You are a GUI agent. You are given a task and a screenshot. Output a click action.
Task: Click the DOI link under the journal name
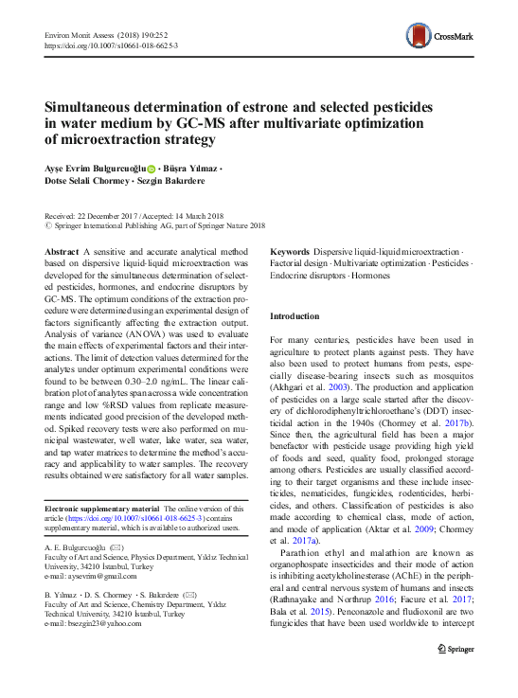coord(111,45)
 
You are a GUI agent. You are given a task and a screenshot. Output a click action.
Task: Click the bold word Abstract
coord(62,252)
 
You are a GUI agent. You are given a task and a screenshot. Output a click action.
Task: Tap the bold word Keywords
coord(290,252)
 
